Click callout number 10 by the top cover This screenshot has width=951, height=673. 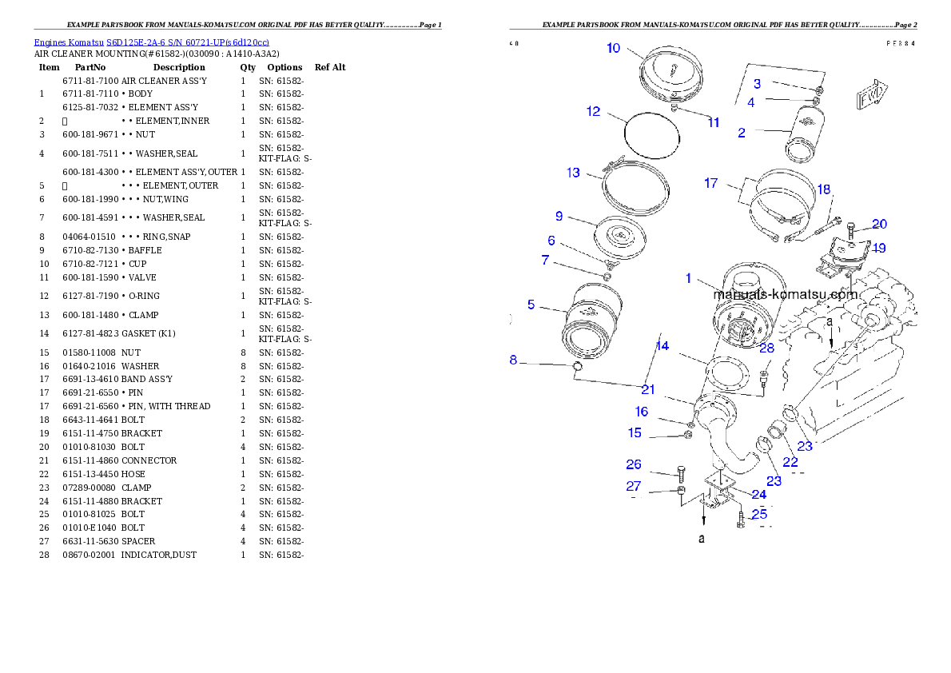[x=613, y=48]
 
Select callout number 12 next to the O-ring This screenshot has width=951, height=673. [x=593, y=112]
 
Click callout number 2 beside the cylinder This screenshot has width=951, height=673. [x=742, y=133]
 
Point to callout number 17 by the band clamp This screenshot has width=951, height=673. [x=710, y=183]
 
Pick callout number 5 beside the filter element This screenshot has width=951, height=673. [x=531, y=305]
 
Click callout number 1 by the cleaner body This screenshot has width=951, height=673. [x=688, y=278]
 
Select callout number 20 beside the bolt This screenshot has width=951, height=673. [x=879, y=225]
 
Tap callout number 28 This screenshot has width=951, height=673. [x=767, y=348]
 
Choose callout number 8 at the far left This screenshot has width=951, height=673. [x=513, y=360]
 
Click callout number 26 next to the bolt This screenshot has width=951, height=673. [x=634, y=464]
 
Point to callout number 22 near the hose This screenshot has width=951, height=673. [x=790, y=463]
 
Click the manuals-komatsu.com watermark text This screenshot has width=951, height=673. [x=785, y=294]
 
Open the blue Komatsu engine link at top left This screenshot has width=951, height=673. [x=151, y=42]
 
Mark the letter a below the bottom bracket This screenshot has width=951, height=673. [x=702, y=539]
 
